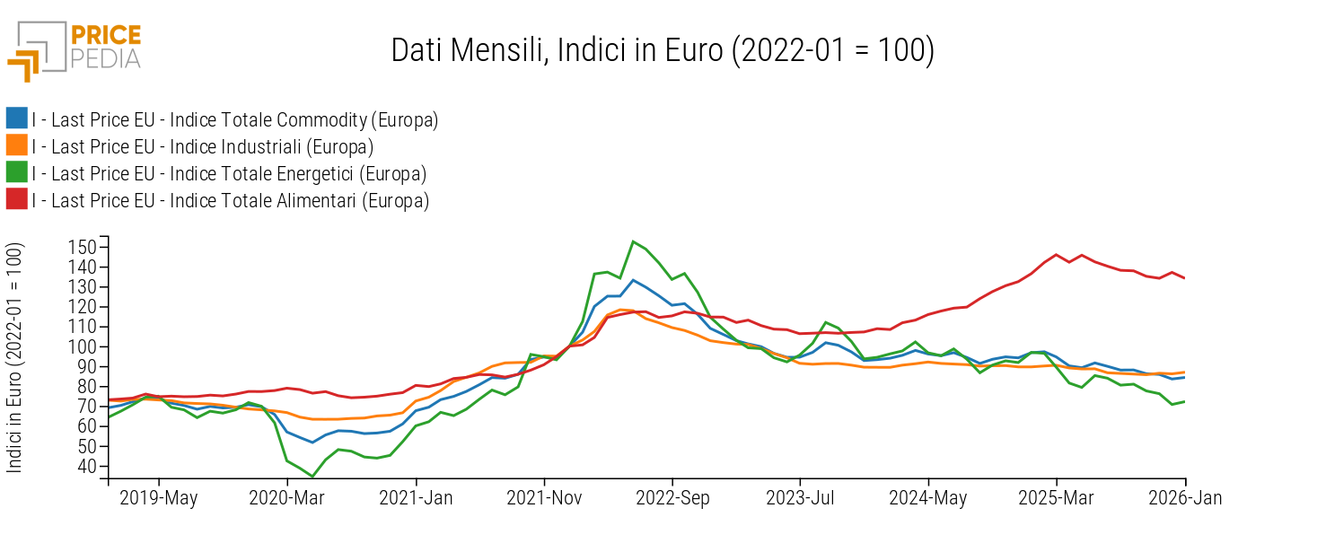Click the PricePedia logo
pyautogui.click(x=75, y=49)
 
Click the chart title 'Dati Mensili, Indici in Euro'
pyautogui.click(x=663, y=50)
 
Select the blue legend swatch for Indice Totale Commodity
pyautogui.click(x=16, y=118)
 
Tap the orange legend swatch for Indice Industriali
pyautogui.click(x=16, y=145)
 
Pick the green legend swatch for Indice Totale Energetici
pyautogui.click(x=16, y=172)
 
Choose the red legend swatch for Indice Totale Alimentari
pyautogui.click(x=16, y=199)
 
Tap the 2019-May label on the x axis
pyautogui.click(x=159, y=498)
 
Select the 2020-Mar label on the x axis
pyautogui.click(x=287, y=498)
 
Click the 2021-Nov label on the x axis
pyautogui.click(x=544, y=498)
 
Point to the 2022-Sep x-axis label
pyautogui.click(x=672, y=498)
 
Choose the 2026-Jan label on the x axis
pyautogui.click(x=1185, y=498)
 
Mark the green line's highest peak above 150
pyautogui.click(x=633, y=241)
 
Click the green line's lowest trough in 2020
pyautogui.click(x=312, y=477)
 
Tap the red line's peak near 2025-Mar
pyautogui.click(x=1056, y=254)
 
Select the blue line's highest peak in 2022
pyautogui.click(x=633, y=280)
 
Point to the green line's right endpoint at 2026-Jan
pyautogui.click(x=1185, y=401)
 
